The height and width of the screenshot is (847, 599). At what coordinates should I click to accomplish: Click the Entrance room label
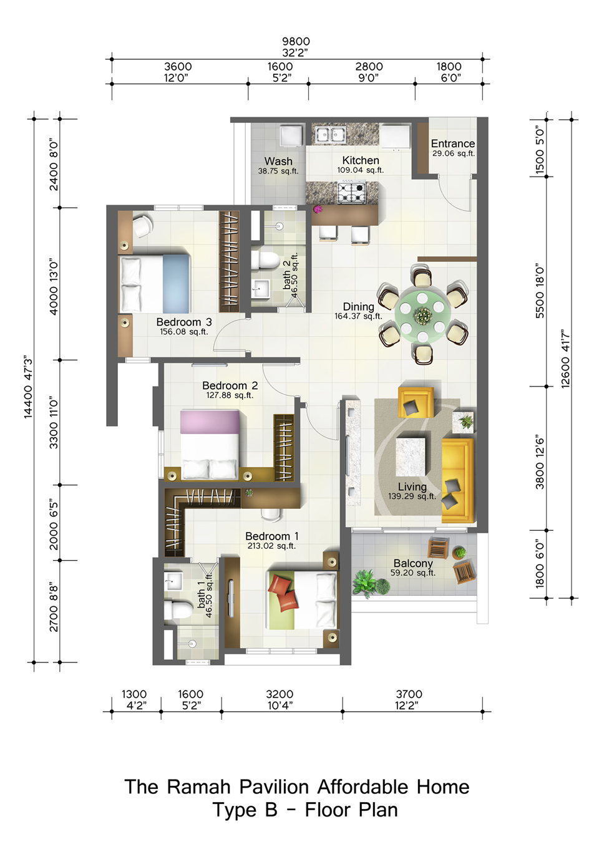(x=452, y=143)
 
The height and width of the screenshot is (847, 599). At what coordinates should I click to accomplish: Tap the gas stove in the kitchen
(x=352, y=192)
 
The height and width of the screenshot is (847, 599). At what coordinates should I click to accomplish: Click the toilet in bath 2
(x=265, y=260)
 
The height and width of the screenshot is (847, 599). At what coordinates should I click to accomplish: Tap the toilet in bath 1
(x=178, y=608)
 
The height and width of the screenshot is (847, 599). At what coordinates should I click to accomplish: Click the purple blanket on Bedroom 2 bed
(x=210, y=422)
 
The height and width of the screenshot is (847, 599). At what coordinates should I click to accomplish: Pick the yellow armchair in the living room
(x=416, y=402)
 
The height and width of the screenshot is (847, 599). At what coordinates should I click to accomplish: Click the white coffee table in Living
(x=411, y=457)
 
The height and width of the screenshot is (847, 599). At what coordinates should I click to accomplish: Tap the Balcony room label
(x=413, y=563)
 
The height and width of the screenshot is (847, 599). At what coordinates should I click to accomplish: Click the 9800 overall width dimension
(x=296, y=41)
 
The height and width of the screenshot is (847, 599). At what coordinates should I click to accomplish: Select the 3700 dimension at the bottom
(x=409, y=694)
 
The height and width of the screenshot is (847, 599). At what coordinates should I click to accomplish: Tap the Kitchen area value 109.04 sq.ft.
(x=361, y=170)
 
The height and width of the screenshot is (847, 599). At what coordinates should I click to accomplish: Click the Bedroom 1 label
(x=272, y=536)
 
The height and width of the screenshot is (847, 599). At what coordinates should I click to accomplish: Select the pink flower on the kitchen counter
(x=318, y=208)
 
